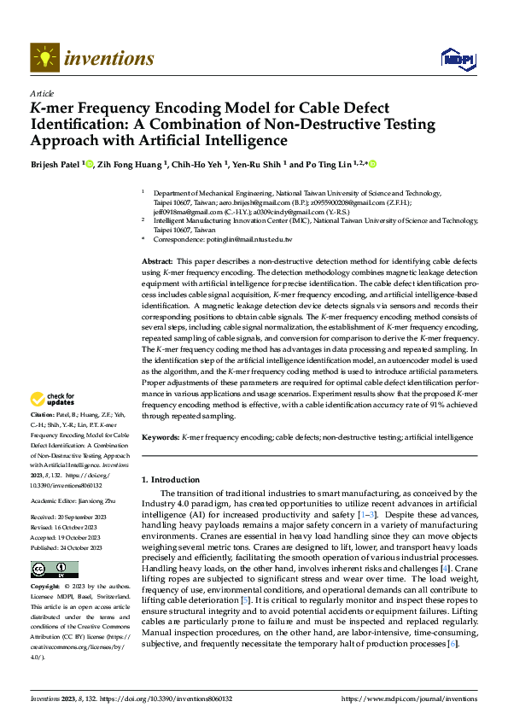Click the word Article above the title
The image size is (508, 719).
click(42, 93)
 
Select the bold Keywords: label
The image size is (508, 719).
click(161, 436)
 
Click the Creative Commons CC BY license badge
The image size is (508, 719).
click(54, 570)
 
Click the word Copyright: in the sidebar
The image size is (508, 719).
click(46, 587)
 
